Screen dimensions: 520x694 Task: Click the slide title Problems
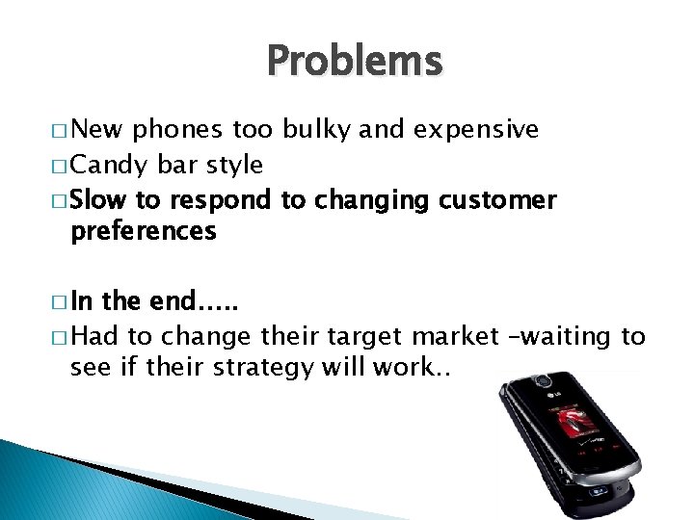354,62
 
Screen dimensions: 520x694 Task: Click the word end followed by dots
193,301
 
